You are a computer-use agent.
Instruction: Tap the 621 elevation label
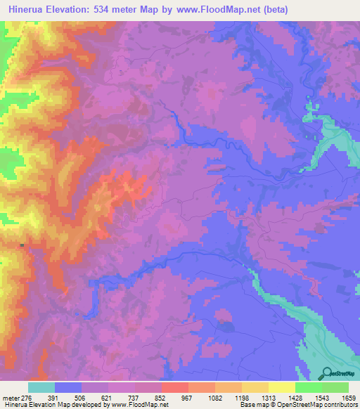[108, 397]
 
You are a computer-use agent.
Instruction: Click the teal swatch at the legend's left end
[41, 387]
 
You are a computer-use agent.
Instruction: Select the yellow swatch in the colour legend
[282, 387]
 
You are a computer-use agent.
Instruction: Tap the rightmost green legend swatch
[335, 387]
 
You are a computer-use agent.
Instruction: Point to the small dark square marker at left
[22, 245]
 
